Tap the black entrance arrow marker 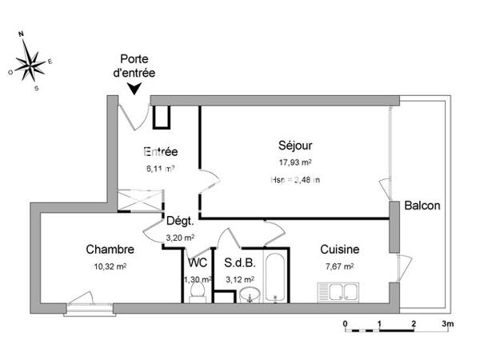tap(134, 88)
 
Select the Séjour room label tap(295, 146)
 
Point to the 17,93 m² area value tap(294, 162)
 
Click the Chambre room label tap(110, 250)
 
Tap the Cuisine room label tap(339, 250)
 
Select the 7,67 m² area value tap(338, 266)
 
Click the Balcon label tap(422, 206)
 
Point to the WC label tap(197, 262)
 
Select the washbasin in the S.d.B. tap(250, 295)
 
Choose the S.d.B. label tap(239, 262)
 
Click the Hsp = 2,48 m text tap(294, 180)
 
